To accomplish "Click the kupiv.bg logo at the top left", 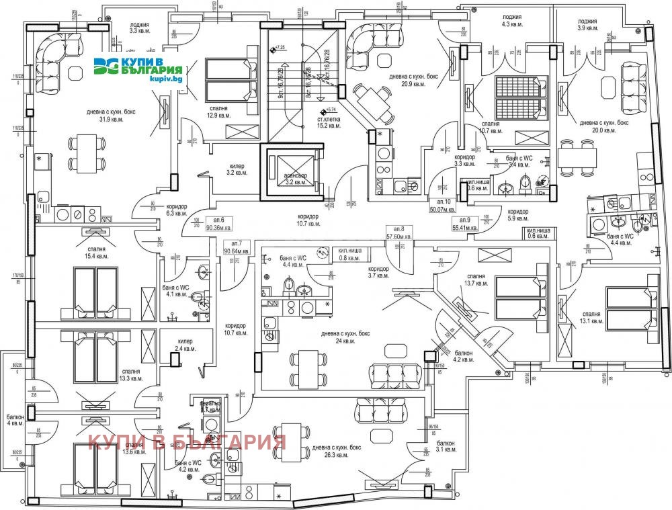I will [x=139, y=69].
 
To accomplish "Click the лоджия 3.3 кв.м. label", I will [x=142, y=27].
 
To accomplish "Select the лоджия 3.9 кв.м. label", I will [x=587, y=24].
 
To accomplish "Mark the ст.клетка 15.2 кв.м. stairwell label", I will [x=329, y=122].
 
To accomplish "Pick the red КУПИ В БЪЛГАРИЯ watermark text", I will [x=187, y=442].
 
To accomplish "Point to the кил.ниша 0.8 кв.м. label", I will [x=350, y=254].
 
